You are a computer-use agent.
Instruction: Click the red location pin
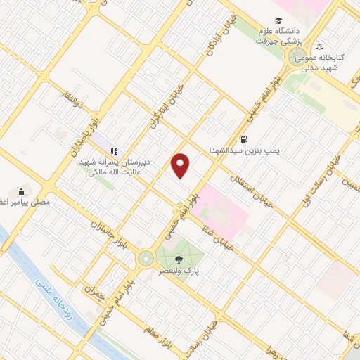coord(181,166)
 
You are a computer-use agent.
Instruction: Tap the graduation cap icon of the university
coord(279,21)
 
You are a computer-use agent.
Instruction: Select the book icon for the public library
coord(320,45)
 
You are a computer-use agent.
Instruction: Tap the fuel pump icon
coord(244,139)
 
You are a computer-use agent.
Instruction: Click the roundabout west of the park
coord(146,258)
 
